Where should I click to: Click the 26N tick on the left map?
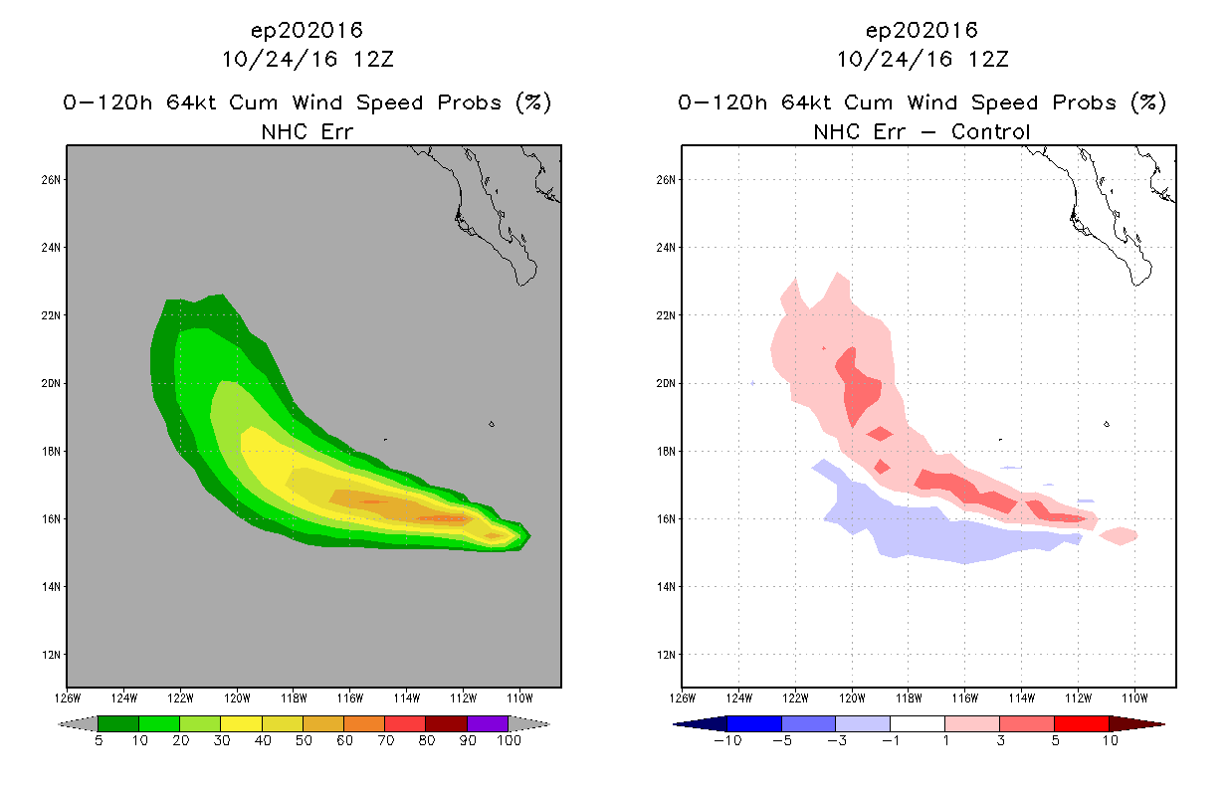click(x=51, y=180)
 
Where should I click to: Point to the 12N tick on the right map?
click(x=666, y=655)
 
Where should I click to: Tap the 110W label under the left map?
click(x=519, y=698)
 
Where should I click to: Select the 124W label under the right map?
click(x=739, y=698)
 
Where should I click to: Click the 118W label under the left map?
click(x=294, y=698)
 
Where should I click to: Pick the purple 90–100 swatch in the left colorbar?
click(x=488, y=723)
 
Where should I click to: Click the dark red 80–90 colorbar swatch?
click(x=447, y=723)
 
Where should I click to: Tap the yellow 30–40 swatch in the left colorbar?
click(x=242, y=723)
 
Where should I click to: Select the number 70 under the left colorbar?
click(x=386, y=740)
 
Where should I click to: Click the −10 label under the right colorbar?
click(x=727, y=740)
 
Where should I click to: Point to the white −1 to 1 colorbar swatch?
click(x=918, y=723)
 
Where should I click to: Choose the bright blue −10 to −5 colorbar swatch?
click(x=754, y=723)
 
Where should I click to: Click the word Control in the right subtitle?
click(x=990, y=132)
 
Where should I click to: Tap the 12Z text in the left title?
click(x=373, y=60)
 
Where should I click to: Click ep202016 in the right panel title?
click(x=922, y=31)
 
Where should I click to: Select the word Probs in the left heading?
click(x=470, y=102)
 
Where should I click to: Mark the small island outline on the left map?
click(x=492, y=424)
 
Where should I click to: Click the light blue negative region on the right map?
click(x=933, y=535)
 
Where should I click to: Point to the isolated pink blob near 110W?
click(x=1119, y=535)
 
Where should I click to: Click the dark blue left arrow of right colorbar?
click(x=701, y=723)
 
